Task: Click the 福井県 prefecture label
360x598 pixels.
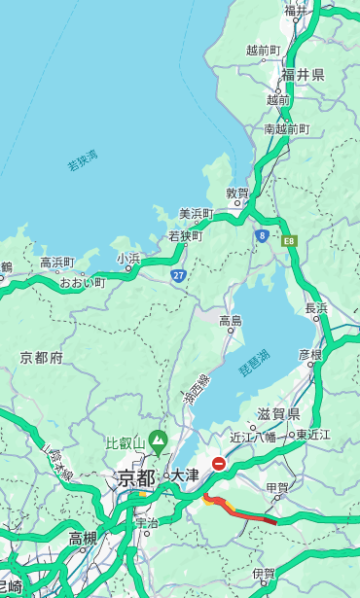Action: click(303, 75)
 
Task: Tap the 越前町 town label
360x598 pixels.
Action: click(263, 50)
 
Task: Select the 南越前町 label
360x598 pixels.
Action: click(286, 128)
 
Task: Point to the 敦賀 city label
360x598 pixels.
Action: click(237, 193)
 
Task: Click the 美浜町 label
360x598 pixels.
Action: click(198, 214)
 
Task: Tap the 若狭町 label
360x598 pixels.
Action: click(185, 235)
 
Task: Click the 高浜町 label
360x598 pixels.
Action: click(57, 263)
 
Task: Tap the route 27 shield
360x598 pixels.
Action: click(178, 275)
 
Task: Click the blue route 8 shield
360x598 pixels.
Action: click(262, 235)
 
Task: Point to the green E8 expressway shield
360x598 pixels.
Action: click(289, 240)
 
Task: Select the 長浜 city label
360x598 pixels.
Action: click(316, 308)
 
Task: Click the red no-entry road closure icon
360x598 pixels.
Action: click(220, 464)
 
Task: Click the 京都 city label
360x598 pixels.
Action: click(136, 477)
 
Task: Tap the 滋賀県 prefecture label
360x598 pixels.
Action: click(277, 414)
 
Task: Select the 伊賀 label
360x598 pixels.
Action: click(263, 574)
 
